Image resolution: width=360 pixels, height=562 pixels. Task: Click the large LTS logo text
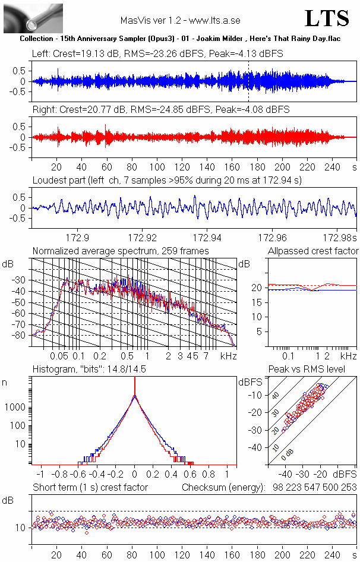[327, 19]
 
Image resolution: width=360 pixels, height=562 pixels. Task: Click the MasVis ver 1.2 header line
[180, 20]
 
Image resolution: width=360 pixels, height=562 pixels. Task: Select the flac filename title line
[180, 38]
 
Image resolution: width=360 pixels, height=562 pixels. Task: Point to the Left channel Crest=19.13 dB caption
[157, 53]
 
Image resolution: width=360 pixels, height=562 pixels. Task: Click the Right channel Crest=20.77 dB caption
[161, 110]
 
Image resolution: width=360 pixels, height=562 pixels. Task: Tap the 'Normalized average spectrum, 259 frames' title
[121, 251]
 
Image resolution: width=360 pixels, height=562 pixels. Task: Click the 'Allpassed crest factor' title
[313, 251]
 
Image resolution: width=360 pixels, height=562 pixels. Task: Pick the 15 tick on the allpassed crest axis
[258, 302]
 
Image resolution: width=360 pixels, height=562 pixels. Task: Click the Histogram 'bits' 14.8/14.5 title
[98, 370]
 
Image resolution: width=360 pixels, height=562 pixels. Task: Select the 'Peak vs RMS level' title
[314, 370]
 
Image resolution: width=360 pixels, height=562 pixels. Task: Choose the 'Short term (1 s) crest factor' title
[90, 488]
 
